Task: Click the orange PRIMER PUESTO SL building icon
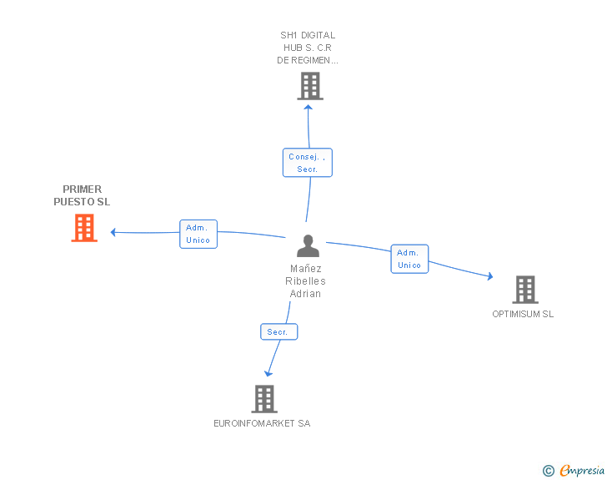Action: [x=84, y=228]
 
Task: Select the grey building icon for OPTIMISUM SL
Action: [x=524, y=290]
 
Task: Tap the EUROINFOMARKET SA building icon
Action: [x=263, y=399]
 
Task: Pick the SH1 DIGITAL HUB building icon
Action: [x=309, y=86]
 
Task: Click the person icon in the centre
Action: [x=308, y=246]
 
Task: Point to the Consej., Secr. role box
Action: [x=307, y=163]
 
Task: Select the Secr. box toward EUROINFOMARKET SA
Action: [x=278, y=332]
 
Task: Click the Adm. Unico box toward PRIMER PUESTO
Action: [x=198, y=234]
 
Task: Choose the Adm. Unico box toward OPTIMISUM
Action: [x=409, y=259]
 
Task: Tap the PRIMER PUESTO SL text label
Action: [x=82, y=195]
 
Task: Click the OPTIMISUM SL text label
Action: [x=523, y=315]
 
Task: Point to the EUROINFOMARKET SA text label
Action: [x=262, y=423]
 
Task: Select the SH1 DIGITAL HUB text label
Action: [x=308, y=48]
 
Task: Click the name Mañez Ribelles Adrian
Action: [x=305, y=281]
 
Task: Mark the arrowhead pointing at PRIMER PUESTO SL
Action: [x=114, y=232]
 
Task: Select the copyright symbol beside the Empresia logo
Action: [x=548, y=472]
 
